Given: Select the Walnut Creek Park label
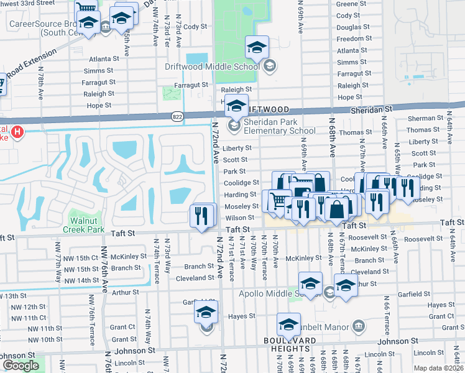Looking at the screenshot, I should (88, 224).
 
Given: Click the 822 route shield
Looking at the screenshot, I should (177, 116).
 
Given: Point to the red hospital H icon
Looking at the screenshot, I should (17, 132).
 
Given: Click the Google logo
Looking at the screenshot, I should (21, 366).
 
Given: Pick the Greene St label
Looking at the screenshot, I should (346, 4).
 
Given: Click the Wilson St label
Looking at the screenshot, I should (239, 218).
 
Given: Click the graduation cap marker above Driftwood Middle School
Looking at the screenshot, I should (256, 46).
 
